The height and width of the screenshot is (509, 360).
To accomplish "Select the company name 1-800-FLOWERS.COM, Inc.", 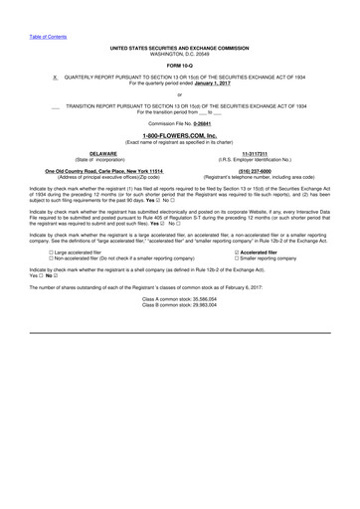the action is pyautogui.click(x=180, y=133).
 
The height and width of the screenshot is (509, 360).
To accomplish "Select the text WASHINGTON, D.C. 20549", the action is pyautogui.click(x=180, y=52).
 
